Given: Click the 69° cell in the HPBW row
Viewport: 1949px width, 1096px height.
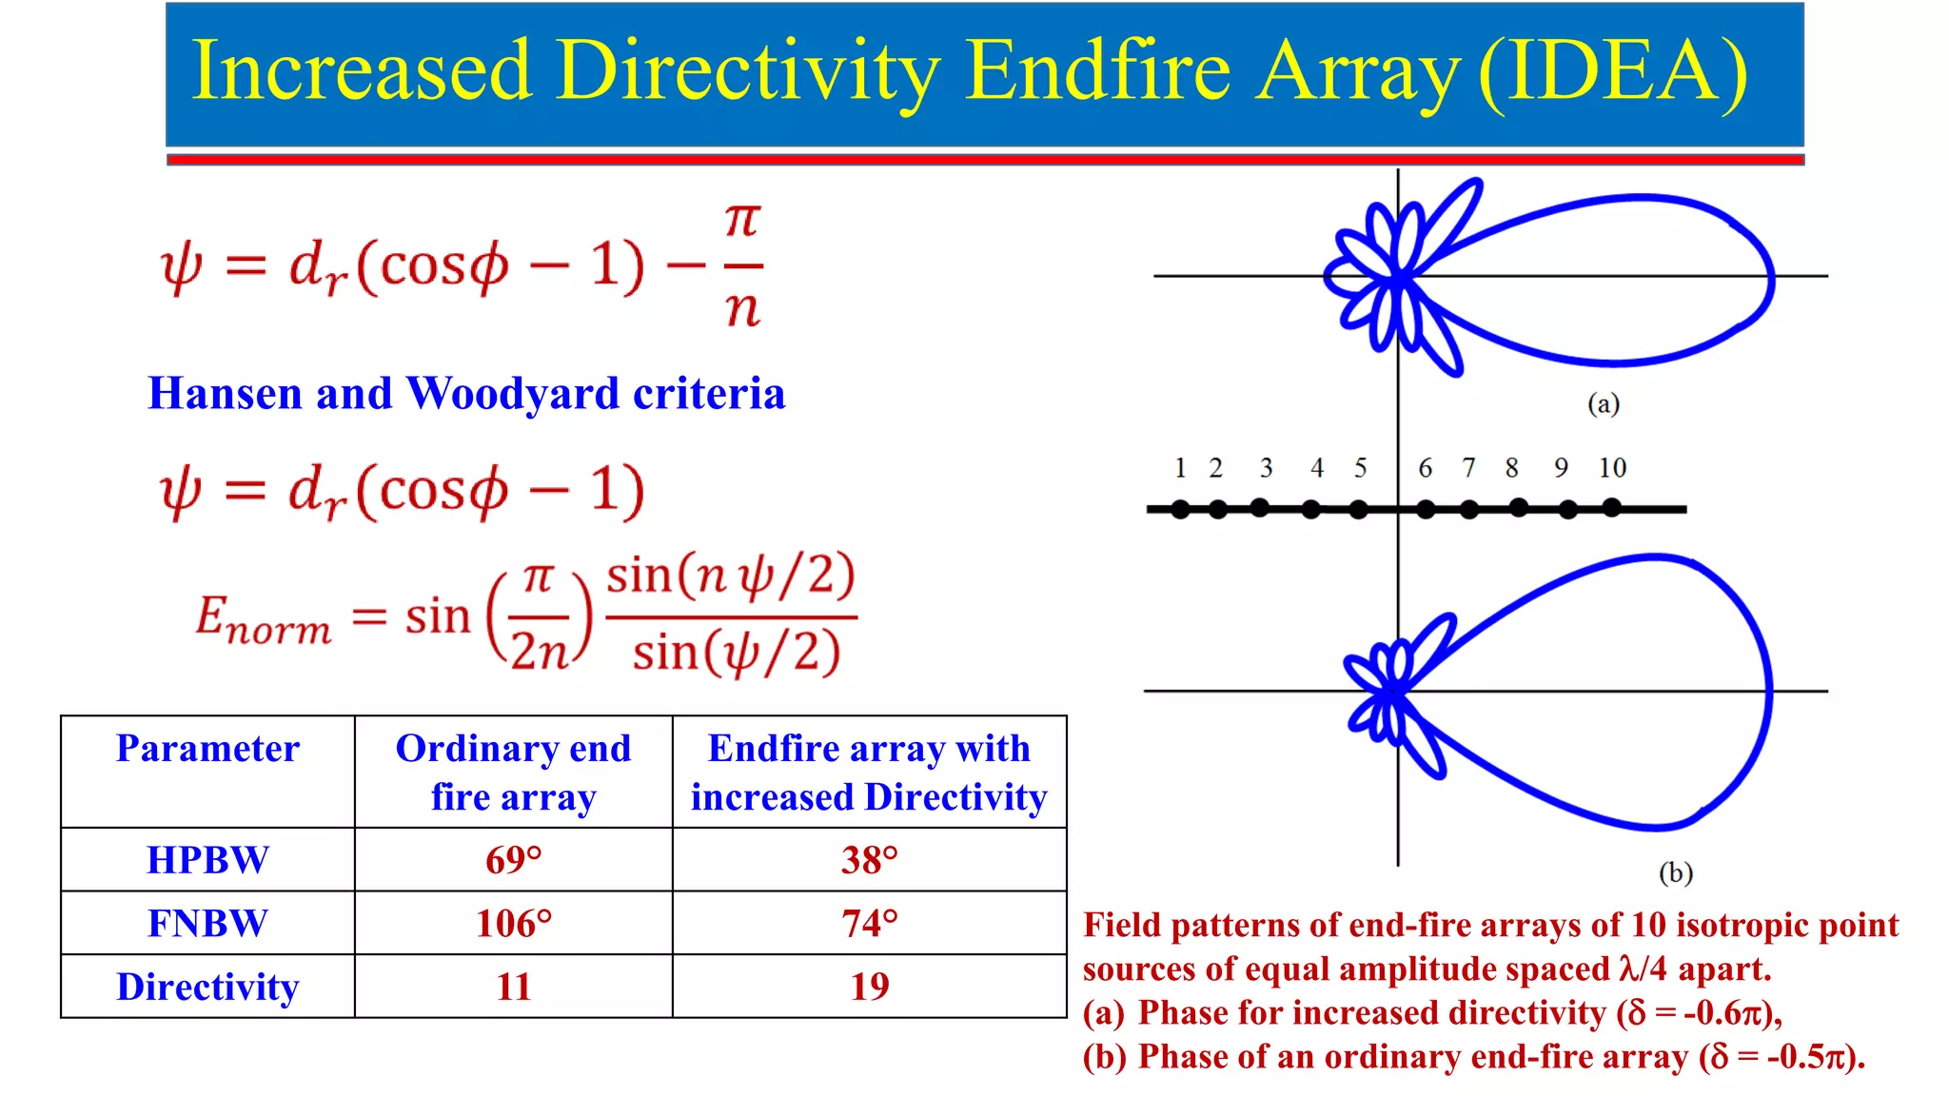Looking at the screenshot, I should pyautogui.click(x=513, y=860).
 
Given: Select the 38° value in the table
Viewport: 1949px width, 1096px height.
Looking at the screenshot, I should pyautogui.click(x=869, y=860).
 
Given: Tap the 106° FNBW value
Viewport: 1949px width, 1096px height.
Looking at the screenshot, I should pyautogui.click(x=513, y=924).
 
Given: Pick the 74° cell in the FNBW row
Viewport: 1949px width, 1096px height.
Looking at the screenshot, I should pyautogui.click(x=869, y=924).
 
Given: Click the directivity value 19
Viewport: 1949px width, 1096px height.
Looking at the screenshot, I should pyautogui.click(x=869, y=987).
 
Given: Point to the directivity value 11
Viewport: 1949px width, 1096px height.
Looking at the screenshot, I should pyautogui.click(x=513, y=987).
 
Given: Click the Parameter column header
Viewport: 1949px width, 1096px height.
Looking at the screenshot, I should pyautogui.click(x=207, y=749).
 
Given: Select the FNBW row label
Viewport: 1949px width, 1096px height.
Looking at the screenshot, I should pyautogui.click(x=207, y=924).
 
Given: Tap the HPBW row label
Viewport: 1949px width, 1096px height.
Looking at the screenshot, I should pyautogui.click(x=207, y=860).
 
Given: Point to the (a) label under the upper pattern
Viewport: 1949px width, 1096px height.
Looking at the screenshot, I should pyautogui.click(x=1604, y=403).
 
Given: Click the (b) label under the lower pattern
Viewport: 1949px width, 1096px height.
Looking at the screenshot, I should pyautogui.click(x=1675, y=872).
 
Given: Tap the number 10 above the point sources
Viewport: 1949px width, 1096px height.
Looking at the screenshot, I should pyautogui.click(x=1612, y=468).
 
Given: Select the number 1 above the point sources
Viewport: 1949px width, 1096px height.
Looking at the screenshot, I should pyautogui.click(x=1180, y=468).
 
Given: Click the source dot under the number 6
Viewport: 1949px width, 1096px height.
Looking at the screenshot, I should pyautogui.click(x=1426, y=510).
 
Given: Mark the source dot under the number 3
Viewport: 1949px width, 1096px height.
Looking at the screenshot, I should pyautogui.click(x=1260, y=507).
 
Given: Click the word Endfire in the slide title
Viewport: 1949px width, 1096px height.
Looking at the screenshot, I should pyautogui.click(x=1098, y=71).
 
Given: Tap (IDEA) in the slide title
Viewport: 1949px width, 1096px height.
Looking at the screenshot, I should pyautogui.click(x=1614, y=71).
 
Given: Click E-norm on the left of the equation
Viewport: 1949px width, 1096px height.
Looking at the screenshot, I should pyautogui.click(x=264, y=618).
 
